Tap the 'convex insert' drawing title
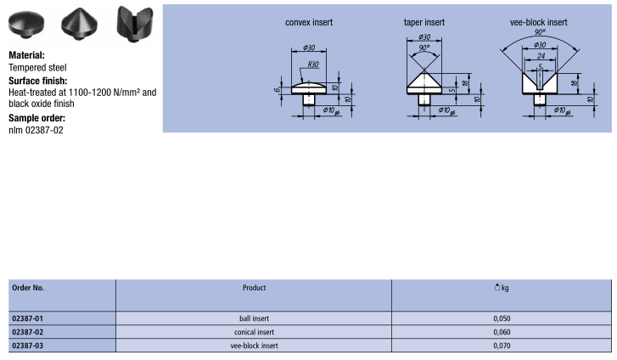coord(309,23)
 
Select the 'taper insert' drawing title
coord(424,23)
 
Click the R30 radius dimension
coord(314,65)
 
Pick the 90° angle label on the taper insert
coord(424,49)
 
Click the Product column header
coord(254,288)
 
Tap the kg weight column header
coord(502,288)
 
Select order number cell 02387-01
coord(27,318)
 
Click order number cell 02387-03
coord(27,346)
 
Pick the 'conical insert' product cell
coord(254,332)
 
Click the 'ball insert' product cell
coord(254,318)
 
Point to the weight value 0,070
coord(502,346)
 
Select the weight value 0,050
coord(502,318)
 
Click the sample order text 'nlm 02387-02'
coord(36,130)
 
